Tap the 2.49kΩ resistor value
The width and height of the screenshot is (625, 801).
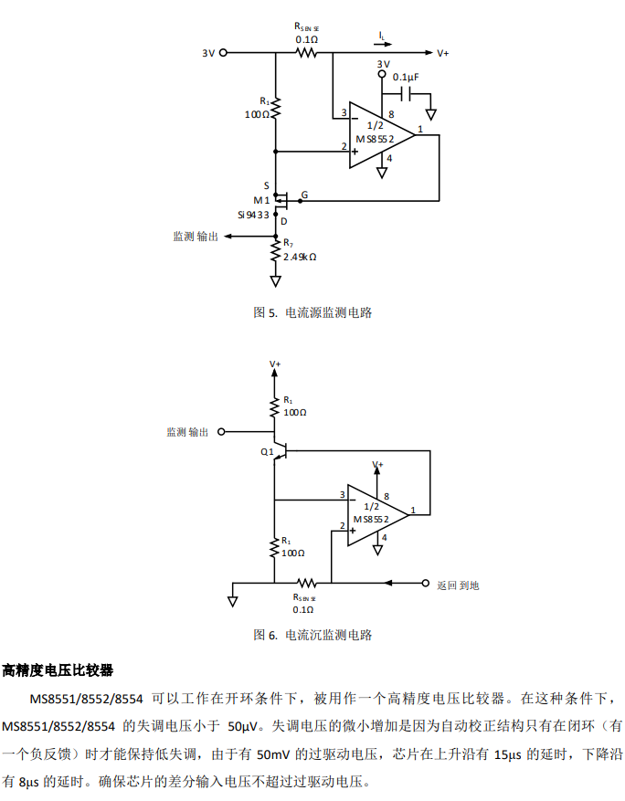[300, 257]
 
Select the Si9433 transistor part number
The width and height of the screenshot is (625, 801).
[253, 215]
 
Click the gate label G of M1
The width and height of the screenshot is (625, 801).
[304, 195]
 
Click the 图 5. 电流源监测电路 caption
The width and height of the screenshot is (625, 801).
[312, 312]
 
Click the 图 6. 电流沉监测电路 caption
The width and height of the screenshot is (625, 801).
[312, 635]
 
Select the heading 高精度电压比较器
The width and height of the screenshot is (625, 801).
[58, 670]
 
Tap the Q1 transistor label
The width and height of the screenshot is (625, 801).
[267, 451]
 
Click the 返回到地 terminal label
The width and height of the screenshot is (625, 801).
[458, 585]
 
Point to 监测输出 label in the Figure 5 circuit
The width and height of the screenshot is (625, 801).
[196, 236]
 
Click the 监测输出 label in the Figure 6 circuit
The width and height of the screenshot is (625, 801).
[187, 432]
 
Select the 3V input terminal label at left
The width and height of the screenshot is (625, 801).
[208, 54]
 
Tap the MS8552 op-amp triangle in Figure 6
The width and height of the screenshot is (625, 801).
[375, 516]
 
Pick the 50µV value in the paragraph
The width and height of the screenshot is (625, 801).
[243, 727]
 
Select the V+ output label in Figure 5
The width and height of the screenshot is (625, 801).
[443, 54]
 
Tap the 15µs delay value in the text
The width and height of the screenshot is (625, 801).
[507, 755]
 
